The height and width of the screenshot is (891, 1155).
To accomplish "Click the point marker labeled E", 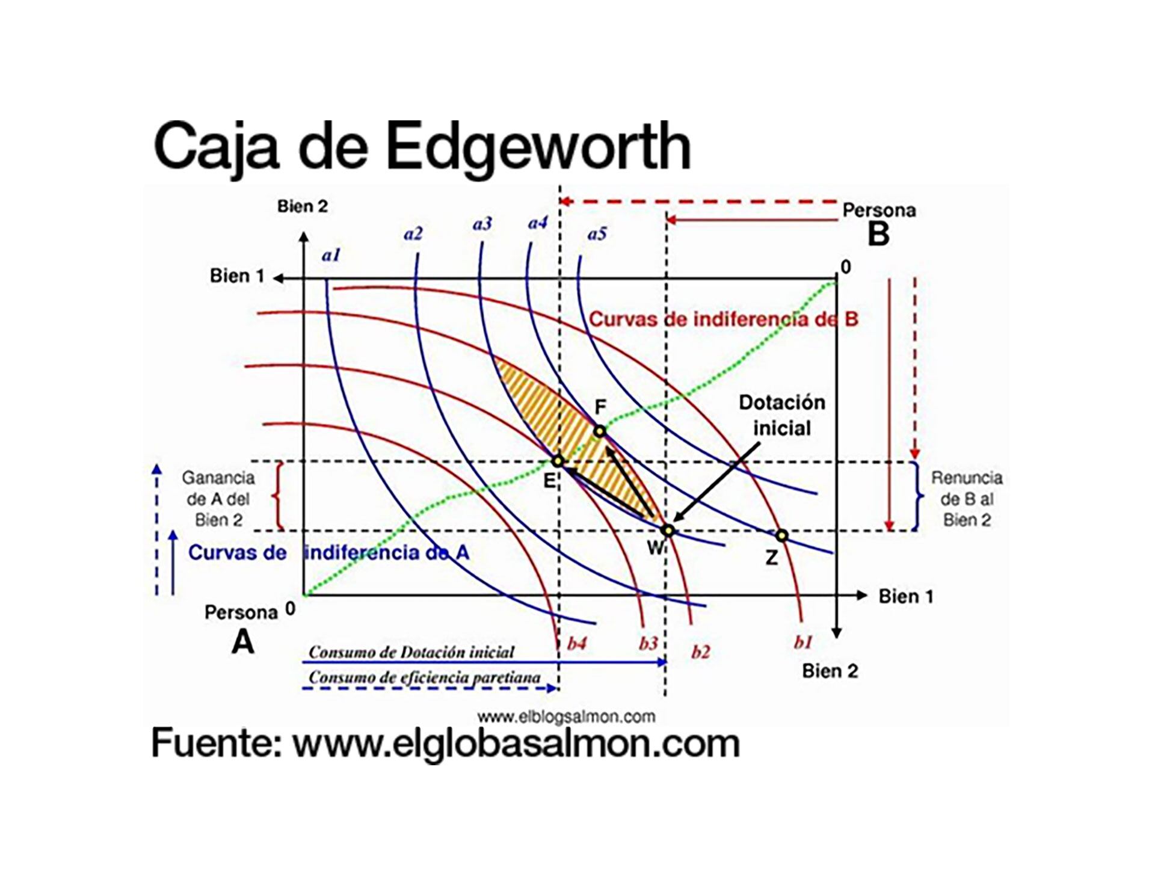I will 558,461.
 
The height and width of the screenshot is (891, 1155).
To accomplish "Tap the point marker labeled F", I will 599,431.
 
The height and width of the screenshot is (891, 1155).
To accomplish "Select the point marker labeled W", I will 667,530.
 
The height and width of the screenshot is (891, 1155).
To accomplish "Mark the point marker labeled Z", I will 781,535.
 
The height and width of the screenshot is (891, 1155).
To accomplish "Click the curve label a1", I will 331,256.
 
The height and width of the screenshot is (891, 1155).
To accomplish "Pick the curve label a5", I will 597,233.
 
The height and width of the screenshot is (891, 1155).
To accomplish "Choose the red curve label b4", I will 576,644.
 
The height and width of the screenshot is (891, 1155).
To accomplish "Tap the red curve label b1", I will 803,643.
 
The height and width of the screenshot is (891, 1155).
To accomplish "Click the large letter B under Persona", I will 878,234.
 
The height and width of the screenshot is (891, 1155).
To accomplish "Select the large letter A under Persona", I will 243,642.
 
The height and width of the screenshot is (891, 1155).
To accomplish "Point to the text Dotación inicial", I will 781,415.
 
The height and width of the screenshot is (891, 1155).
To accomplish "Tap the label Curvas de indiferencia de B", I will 723,319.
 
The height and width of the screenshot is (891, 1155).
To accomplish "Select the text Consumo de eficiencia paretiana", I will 424,677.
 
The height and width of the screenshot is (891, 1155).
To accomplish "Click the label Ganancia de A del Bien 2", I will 218,499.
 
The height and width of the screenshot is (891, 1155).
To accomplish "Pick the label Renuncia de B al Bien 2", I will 967,499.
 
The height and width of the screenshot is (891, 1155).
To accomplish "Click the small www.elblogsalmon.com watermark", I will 566,717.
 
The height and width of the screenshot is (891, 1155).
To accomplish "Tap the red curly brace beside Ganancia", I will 279,496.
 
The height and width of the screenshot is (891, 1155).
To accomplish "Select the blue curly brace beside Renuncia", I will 917,496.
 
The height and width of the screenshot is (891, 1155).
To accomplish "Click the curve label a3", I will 482,224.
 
